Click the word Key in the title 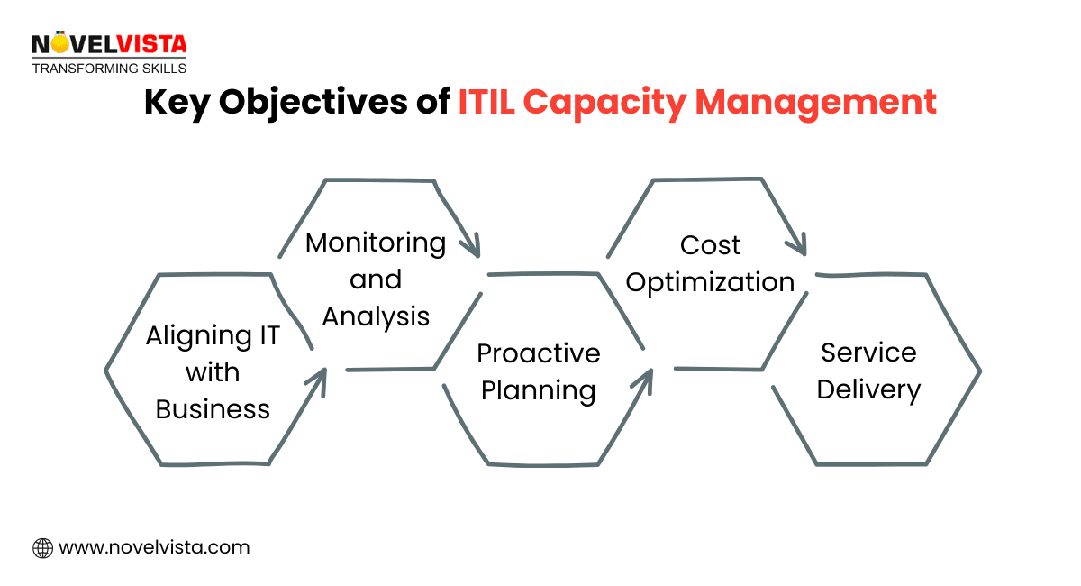point(177,102)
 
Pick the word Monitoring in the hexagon point(376,243)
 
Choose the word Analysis point(376,316)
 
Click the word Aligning point(213,336)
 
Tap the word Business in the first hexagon point(213,409)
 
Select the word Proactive point(539,353)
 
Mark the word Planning point(539,390)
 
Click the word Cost point(711,245)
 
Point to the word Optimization point(711,282)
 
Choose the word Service point(868,353)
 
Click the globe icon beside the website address point(42,547)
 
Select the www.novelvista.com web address point(154,547)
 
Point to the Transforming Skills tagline point(109,68)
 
